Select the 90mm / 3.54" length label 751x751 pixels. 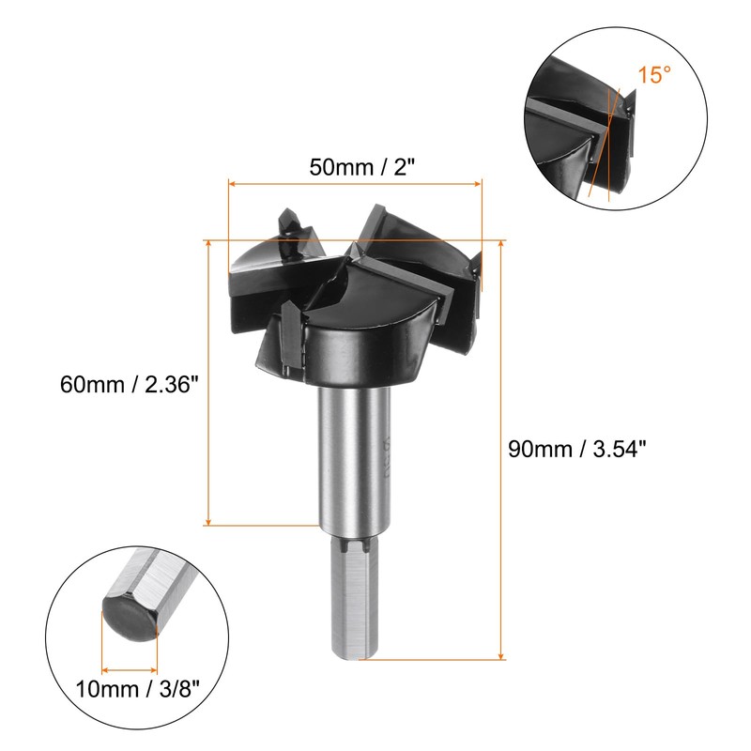(x=577, y=450)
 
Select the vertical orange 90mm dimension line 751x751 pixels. (x=501, y=450)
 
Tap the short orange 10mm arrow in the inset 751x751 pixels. (x=129, y=670)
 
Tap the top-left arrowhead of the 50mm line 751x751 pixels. (x=232, y=184)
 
